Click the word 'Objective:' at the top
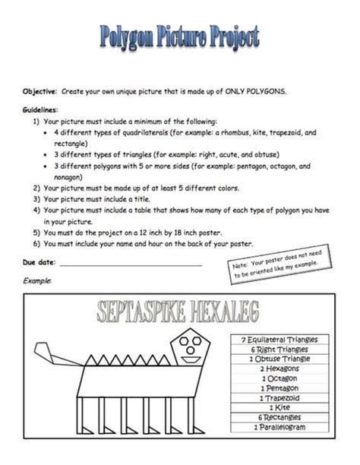(38, 90)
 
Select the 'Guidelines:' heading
(40, 109)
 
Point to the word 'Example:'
(37, 281)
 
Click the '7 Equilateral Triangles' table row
(279, 339)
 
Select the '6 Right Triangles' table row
(279, 349)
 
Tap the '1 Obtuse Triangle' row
(279, 359)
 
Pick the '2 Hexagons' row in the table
(279, 369)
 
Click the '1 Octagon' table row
(279, 378)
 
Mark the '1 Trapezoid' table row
(279, 398)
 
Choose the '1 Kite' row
(279, 408)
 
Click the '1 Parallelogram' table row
(279, 428)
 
